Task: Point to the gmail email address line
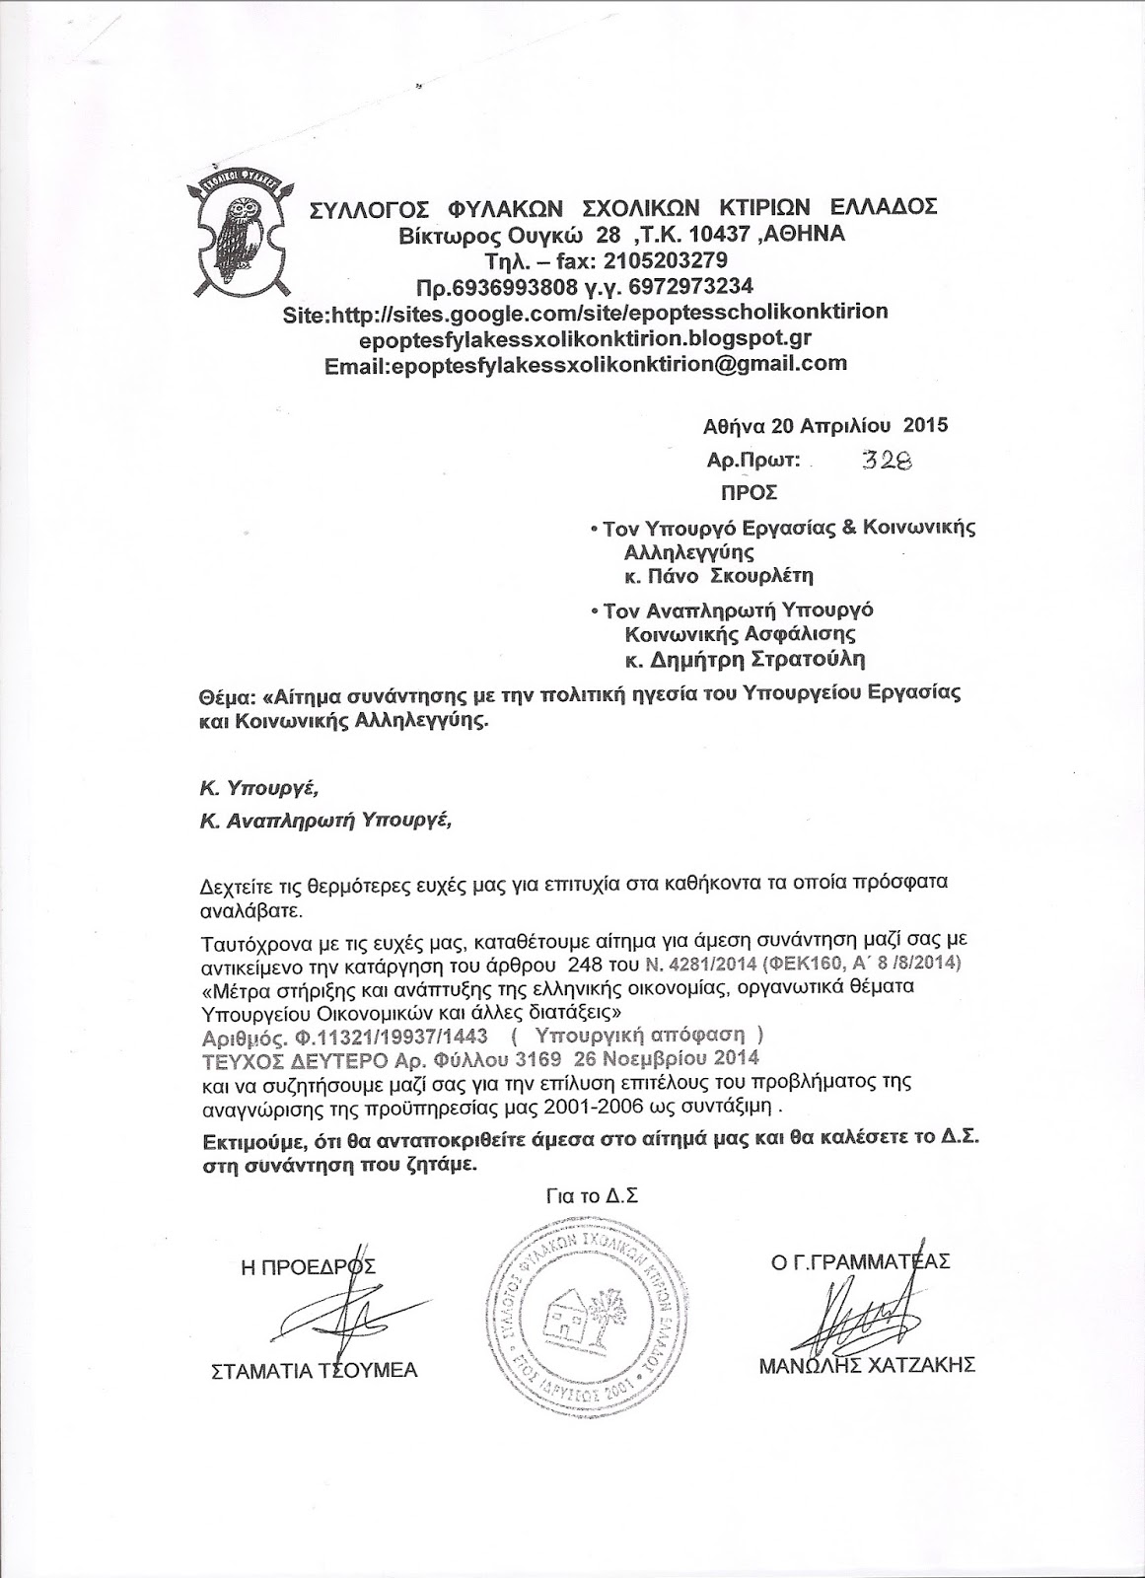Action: tap(586, 363)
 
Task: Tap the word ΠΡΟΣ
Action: tap(750, 491)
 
